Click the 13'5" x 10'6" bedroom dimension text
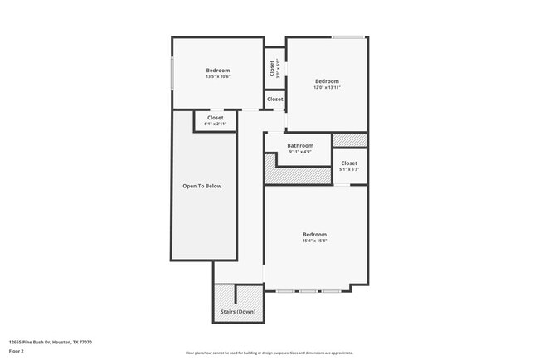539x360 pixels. tap(218, 76)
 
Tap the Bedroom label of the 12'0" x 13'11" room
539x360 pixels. tap(327, 81)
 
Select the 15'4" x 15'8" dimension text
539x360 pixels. tap(314, 241)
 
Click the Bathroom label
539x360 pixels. tap(300, 145)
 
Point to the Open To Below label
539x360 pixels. tap(202, 186)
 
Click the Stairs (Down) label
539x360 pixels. tap(238, 312)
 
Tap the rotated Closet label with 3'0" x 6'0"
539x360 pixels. tap(271, 68)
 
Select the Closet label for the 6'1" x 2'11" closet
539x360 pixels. tap(216, 118)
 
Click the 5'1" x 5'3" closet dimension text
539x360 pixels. tap(349, 169)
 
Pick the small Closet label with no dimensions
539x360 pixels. tap(274, 100)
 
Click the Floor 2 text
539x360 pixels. tap(17, 351)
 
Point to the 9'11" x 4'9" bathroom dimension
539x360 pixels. tap(300, 152)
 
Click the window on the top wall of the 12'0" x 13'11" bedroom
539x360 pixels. tap(349, 36)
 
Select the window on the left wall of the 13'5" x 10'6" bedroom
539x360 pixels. tap(172, 72)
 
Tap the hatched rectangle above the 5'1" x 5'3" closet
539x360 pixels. tap(349, 139)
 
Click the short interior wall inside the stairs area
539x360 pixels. tap(236, 294)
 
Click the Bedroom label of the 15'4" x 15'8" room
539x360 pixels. tap(314, 234)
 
